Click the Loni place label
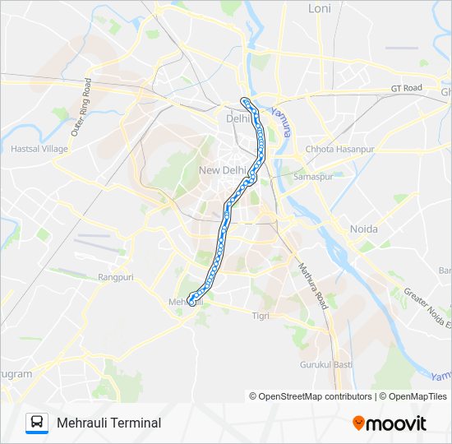pos(319,8)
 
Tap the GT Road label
pos(406,88)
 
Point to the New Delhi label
pos(223,170)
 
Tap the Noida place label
pos(364,229)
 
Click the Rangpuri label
pos(116,278)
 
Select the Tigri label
pos(261,316)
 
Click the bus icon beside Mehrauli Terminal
pos(37,423)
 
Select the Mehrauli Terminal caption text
pos(109,423)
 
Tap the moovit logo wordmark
pos(396,423)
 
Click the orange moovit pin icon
pos(358,423)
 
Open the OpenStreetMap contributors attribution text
pos(314,396)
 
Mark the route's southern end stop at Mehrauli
pos(191,300)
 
